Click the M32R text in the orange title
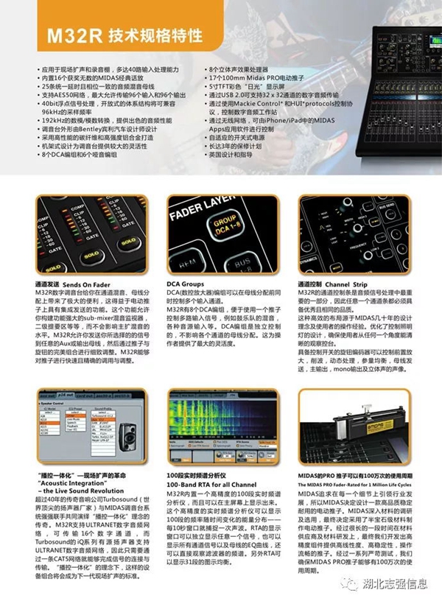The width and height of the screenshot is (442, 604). point(67,34)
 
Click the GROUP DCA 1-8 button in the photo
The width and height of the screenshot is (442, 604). point(225,229)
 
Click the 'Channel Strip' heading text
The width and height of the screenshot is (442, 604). point(345,282)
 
